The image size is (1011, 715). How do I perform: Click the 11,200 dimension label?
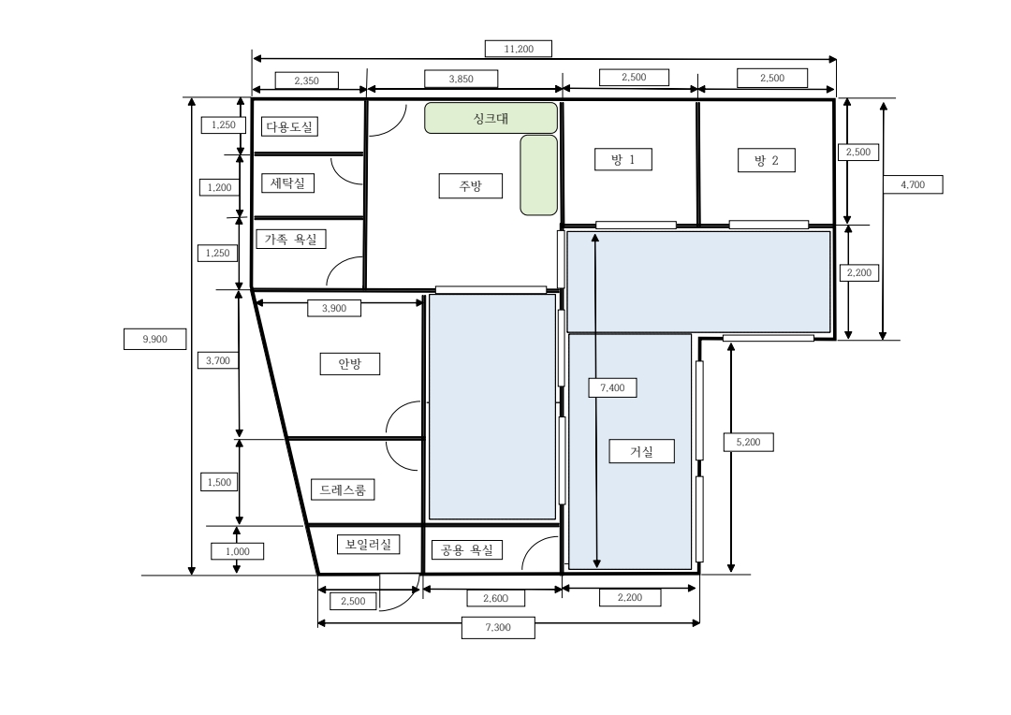519,49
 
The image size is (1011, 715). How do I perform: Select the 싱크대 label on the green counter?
491,118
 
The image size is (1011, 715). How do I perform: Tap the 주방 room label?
471,185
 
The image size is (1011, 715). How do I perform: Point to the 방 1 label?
623,159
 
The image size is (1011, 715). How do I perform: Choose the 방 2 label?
767,160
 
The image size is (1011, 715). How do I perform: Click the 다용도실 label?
289,126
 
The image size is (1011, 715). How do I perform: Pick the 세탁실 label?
287,183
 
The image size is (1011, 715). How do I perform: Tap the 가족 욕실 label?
291,240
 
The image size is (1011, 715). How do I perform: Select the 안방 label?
349,364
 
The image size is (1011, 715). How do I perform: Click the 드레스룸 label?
343,489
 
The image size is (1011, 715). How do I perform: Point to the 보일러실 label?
368,544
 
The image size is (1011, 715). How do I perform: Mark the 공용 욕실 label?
467,550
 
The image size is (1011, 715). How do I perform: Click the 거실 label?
641,451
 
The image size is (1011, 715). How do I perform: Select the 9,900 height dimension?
154,339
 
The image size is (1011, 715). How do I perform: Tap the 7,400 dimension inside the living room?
612,387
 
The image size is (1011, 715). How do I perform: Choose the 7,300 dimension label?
498,627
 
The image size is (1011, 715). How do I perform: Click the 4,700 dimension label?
913,184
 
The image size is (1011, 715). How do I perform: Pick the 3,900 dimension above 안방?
334,308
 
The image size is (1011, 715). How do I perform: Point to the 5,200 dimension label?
748,443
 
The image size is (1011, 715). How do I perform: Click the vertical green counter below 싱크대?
539,175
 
